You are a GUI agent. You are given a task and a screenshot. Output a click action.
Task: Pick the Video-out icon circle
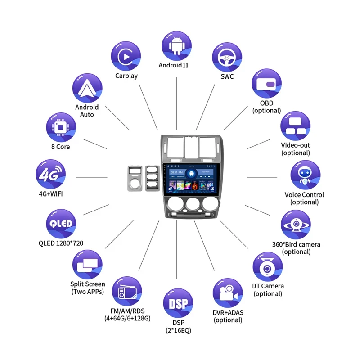(x=296, y=126)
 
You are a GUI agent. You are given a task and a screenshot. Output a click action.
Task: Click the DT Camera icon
(x=268, y=267)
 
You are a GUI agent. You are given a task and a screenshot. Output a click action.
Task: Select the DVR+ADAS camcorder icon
(x=228, y=293)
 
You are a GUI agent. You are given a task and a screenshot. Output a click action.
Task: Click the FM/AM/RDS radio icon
(x=126, y=292)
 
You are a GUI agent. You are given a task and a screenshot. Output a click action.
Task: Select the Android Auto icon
(x=87, y=88)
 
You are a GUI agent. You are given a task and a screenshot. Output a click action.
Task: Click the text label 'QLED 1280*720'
(x=61, y=243)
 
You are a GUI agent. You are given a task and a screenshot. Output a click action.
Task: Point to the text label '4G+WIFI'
(x=50, y=194)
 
